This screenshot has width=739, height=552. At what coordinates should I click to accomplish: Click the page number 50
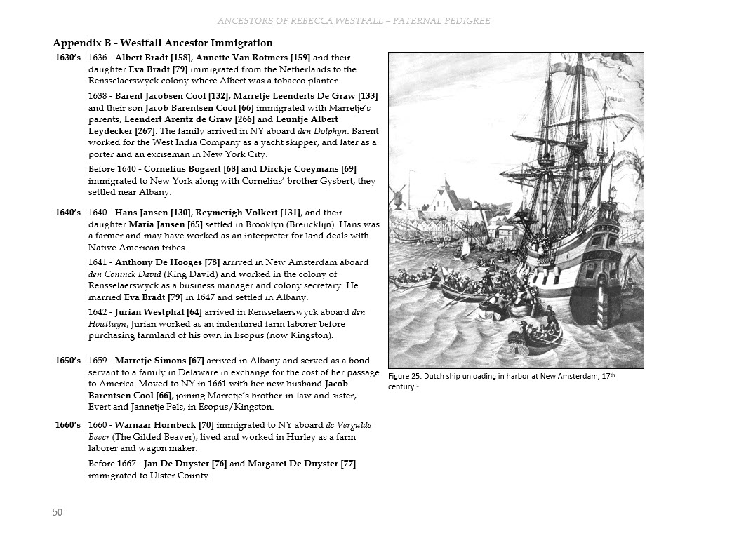[x=58, y=512]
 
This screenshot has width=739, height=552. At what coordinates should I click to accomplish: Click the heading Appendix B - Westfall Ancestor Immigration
[x=163, y=43]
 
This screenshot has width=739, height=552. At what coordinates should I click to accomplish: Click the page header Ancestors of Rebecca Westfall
[x=354, y=21]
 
